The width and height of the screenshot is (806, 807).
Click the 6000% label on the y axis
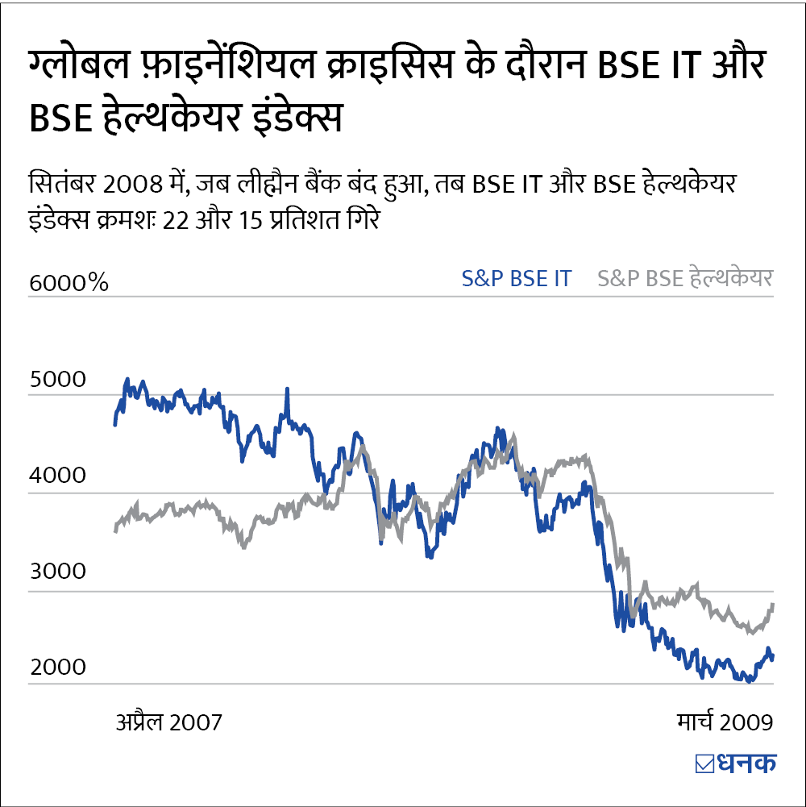point(68,283)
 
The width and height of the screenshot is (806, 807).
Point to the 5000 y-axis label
point(56,380)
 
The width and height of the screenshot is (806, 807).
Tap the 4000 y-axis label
point(56,476)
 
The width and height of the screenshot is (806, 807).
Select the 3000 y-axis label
point(56,572)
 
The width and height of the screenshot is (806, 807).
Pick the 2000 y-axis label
point(56,668)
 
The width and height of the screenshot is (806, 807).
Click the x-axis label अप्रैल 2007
point(168,721)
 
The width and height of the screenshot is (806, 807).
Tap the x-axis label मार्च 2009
point(724,721)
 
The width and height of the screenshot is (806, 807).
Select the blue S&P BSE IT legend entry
point(516,279)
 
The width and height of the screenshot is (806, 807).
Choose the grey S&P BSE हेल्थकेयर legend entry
point(685,279)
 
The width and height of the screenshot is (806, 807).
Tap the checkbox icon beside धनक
point(703,763)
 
